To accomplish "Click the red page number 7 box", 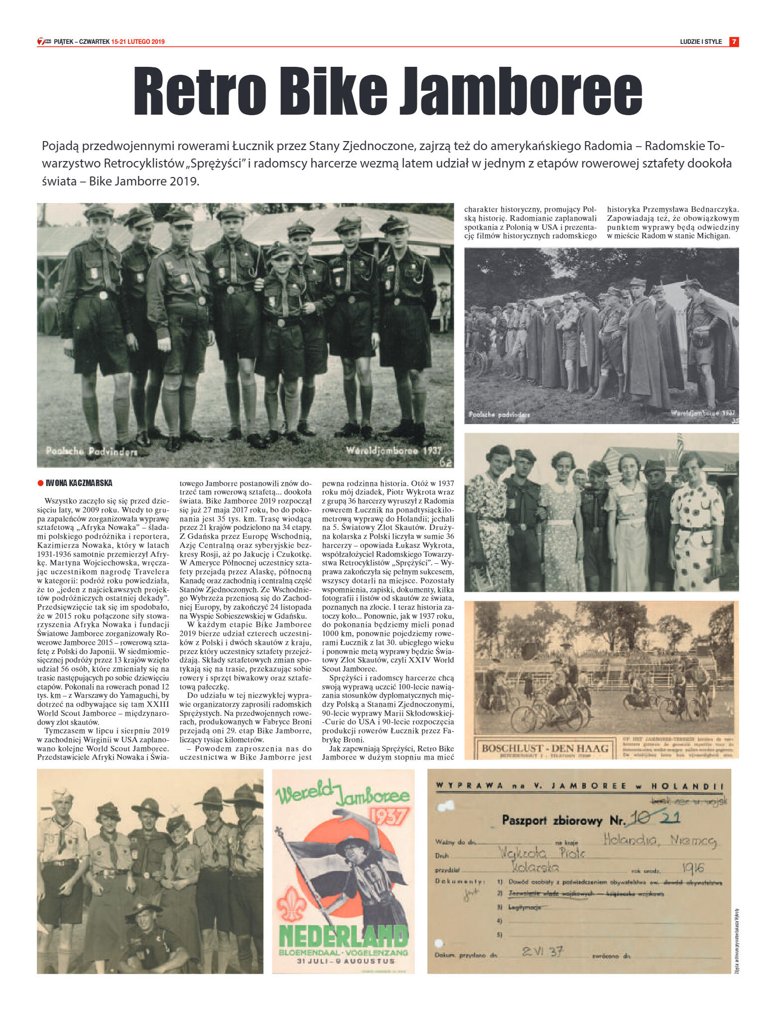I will [x=734, y=42].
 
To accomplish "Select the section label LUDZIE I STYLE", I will [x=700, y=42].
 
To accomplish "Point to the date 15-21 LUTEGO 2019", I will [x=138, y=42].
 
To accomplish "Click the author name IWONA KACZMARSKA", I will [x=79, y=483].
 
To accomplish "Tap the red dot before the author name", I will [x=41, y=483].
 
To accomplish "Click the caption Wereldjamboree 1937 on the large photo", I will [x=393, y=450].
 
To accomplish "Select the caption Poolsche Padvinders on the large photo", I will [x=91, y=452].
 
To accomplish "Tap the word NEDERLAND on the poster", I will [x=344, y=937].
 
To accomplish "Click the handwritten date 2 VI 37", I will [x=542, y=951].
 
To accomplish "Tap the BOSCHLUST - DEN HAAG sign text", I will [x=545, y=748].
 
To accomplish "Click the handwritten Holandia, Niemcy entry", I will [x=659, y=841].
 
